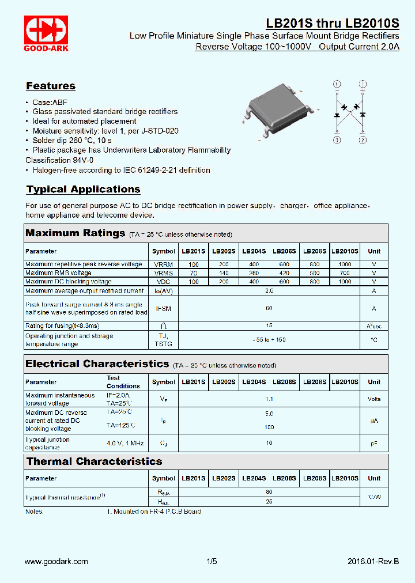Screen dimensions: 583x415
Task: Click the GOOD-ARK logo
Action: tap(46, 33)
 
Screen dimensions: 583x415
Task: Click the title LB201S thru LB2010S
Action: tap(332, 24)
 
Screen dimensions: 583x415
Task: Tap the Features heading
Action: tap(51, 86)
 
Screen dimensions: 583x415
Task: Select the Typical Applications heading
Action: tap(83, 190)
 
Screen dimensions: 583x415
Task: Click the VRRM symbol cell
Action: tap(163, 264)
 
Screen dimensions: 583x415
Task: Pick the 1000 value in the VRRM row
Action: tap(345, 264)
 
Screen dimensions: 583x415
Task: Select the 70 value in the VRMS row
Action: tap(194, 273)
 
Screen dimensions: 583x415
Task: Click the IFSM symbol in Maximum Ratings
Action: tap(163, 309)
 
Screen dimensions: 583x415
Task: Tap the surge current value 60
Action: tap(269, 309)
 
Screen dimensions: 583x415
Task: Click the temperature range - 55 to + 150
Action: tap(269, 340)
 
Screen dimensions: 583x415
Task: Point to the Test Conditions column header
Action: tap(123, 382)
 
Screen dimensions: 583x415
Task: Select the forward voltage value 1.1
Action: tap(269, 399)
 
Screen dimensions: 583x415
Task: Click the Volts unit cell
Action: tap(374, 399)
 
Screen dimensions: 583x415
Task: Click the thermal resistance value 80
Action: tap(269, 493)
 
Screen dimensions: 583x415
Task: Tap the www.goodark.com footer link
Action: tap(56, 561)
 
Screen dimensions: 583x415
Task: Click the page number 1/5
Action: tap(212, 561)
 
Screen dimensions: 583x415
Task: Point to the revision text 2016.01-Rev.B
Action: tap(373, 561)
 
